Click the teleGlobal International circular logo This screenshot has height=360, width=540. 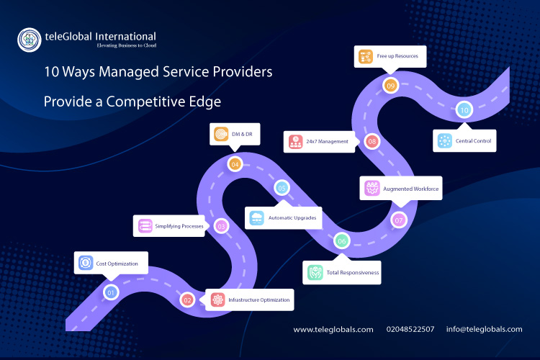click(x=30, y=40)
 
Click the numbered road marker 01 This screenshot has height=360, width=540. click(x=111, y=293)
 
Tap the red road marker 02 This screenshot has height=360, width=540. click(x=187, y=300)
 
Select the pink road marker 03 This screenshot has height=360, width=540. click(x=222, y=226)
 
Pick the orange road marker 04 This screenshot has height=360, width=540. click(x=235, y=164)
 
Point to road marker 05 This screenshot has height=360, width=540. click(x=282, y=188)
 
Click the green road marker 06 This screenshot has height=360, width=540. click(x=342, y=241)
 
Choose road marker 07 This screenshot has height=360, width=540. click(x=399, y=220)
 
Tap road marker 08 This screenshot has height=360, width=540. click(x=372, y=141)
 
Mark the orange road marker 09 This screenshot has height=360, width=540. click(x=390, y=86)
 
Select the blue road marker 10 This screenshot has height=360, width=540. click(x=464, y=110)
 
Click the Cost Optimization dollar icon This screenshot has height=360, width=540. click(x=86, y=263)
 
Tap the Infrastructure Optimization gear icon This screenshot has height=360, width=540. click(x=217, y=300)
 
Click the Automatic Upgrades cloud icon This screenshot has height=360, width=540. click(x=256, y=218)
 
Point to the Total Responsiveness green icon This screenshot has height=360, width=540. click(x=315, y=272)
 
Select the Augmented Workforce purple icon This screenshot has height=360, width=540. click(x=372, y=188)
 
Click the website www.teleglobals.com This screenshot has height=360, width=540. click(x=333, y=330)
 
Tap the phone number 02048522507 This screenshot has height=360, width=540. click(x=410, y=329)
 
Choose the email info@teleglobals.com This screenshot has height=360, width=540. click(x=485, y=329)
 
